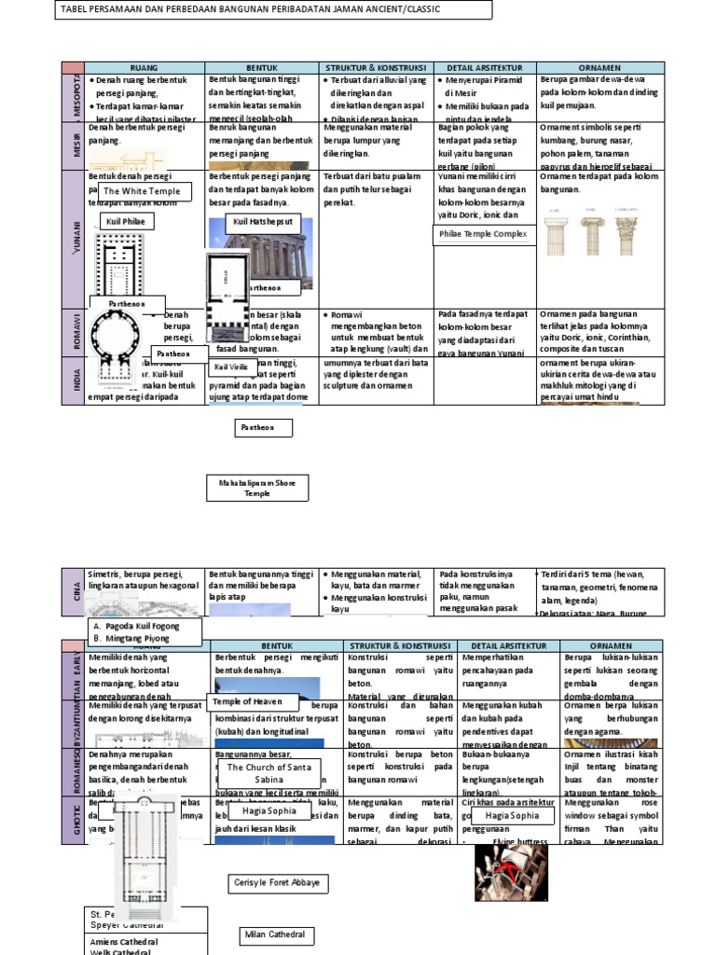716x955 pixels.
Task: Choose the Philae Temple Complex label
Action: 484,233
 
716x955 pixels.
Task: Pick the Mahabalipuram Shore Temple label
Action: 257,487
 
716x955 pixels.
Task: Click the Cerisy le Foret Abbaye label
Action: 279,882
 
